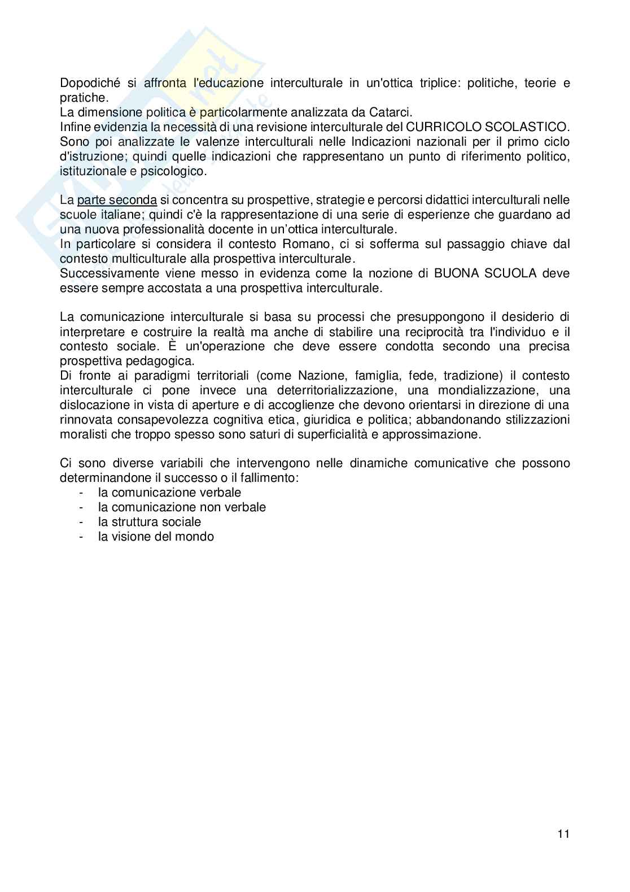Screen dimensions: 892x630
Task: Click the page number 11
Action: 563,834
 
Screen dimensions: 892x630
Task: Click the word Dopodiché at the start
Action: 90,83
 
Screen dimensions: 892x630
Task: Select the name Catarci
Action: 392,112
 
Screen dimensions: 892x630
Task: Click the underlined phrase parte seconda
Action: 117,201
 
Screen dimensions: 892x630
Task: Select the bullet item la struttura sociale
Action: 150,522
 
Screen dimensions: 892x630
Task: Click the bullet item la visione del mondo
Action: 156,537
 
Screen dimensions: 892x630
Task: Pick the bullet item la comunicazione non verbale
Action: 182,507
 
